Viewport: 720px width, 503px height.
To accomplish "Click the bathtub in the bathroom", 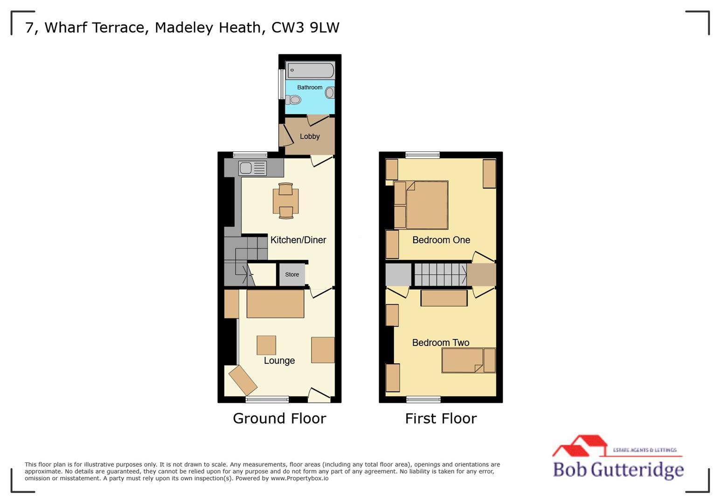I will pos(310,71).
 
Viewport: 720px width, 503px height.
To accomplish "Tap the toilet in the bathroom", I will pos(294,100).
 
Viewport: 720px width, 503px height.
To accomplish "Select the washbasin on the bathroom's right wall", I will pos(330,93).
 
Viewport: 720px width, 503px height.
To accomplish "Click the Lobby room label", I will pos(310,136).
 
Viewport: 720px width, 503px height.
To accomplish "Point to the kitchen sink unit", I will pos(253,168).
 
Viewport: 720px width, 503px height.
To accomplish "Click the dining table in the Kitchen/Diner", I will pos(285,201).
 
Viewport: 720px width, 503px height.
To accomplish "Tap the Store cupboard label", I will pos(292,275).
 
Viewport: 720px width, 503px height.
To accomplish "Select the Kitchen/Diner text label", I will pos(298,240).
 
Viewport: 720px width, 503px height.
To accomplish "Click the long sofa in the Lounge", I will pos(275,304).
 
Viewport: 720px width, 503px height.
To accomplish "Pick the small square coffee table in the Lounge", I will pos(266,345).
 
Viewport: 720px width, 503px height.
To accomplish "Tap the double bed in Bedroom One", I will pos(426,205).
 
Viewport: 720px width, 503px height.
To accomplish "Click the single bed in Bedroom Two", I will pos(468,360).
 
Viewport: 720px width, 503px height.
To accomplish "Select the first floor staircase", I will pos(440,274).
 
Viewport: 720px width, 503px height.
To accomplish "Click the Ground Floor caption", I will pos(279,418).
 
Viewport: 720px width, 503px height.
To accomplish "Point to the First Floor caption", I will pos(441,418).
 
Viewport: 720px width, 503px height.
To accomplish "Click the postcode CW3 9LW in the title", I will pos(305,27).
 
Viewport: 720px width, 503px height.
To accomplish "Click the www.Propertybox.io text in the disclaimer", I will pos(299,478).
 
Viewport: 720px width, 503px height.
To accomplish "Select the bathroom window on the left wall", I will pos(281,84).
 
